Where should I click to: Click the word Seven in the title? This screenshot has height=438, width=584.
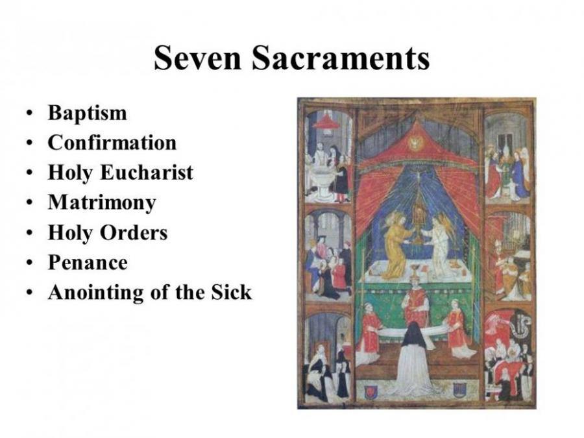coord(198,58)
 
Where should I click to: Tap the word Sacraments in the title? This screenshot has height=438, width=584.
coord(341,58)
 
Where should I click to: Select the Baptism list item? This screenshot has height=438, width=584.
coord(88,113)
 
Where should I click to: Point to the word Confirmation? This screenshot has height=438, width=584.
coord(112,143)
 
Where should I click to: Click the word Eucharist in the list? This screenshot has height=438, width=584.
coord(147,173)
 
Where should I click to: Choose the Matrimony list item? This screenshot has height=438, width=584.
coord(102,203)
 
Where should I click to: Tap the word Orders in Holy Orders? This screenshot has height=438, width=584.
coord(134,232)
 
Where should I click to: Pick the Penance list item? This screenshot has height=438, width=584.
coord(88,262)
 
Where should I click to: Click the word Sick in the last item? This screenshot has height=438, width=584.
coord(232,292)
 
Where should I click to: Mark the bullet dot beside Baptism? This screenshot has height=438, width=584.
coord(29,113)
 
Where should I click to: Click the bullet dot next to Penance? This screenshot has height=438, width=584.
coord(29,263)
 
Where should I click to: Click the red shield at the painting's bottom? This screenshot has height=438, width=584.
coord(371,391)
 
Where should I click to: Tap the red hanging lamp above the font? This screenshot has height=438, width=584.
coord(326,122)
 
